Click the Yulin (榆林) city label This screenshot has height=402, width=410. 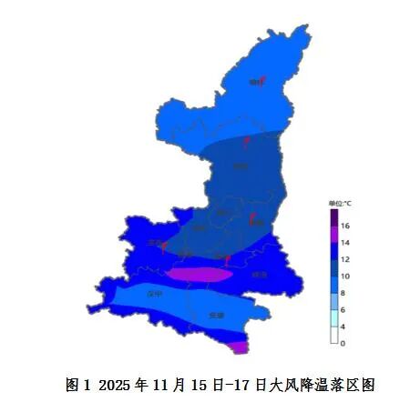pyautogui.click(x=254, y=83)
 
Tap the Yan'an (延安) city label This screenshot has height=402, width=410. pyautogui.click(x=240, y=166)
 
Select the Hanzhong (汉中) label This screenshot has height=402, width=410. pyautogui.click(x=154, y=294)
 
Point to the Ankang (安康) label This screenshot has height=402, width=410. pyautogui.click(x=216, y=315)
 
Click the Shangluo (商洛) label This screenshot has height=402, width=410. pyautogui.click(x=260, y=274)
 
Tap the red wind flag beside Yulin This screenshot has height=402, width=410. pyautogui.click(x=263, y=80)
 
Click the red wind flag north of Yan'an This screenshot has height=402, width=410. pyautogui.click(x=246, y=141)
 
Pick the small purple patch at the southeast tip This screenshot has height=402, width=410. pyautogui.click(x=239, y=346)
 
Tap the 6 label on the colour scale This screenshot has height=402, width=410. pyautogui.click(x=345, y=309)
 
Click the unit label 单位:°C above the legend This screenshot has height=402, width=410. pyautogui.click(x=339, y=203)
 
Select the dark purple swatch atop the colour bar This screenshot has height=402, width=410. pyautogui.click(x=334, y=216)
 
